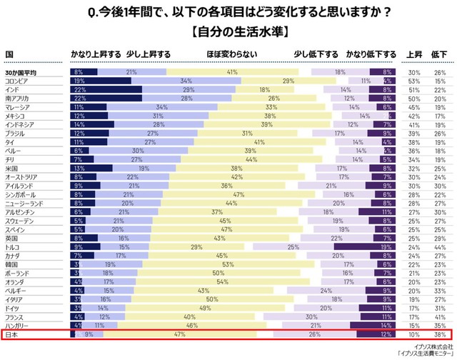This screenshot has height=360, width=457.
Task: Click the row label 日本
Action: point(12,334)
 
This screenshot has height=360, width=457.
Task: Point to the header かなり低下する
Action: point(371,54)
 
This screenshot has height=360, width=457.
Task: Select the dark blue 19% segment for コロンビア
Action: point(101,81)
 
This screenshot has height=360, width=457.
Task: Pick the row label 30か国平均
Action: point(21,72)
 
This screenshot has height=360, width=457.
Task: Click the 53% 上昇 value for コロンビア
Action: point(413,81)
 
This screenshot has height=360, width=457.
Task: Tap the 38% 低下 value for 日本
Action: point(440,334)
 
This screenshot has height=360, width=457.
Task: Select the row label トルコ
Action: point(14,246)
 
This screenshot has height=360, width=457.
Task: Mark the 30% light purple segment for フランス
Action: point(311,316)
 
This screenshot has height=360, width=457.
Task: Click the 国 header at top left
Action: point(9,54)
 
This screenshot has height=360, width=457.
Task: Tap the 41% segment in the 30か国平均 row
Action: point(232,72)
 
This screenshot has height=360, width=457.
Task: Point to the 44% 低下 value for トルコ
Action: point(440,246)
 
